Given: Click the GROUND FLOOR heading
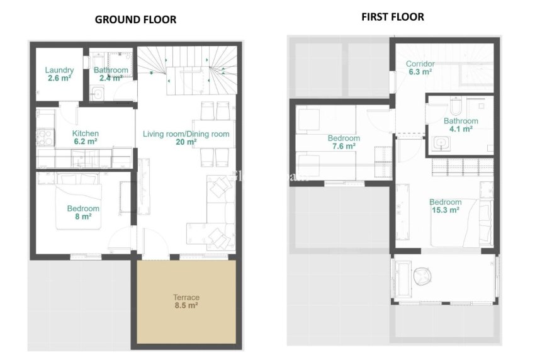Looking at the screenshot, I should (x=135, y=20).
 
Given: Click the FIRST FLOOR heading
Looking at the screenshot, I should (x=392, y=17).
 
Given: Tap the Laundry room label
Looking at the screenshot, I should (x=60, y=70).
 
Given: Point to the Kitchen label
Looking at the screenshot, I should (x=85, y=133).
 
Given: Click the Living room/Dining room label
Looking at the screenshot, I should (x=186, y=134).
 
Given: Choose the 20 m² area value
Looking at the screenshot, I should (x=186, y=142).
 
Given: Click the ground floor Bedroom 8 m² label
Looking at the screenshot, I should (x=83, y=212).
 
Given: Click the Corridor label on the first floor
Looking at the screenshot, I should (x=420, y=64).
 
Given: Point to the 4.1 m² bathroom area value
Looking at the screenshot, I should (x=461, y=129).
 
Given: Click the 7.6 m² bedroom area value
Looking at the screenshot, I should (x=344, y=146).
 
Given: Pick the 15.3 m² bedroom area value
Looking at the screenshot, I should (x=445, y=210).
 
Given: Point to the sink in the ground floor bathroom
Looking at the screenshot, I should (x=97, y=94).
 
